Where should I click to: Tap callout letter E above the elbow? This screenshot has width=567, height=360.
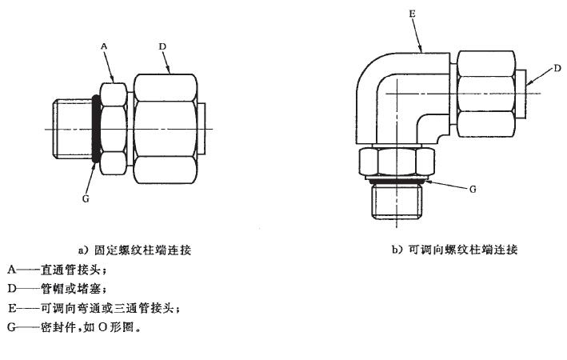click(x=412, y=14)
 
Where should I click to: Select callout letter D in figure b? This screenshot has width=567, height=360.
click(x=557, y=70)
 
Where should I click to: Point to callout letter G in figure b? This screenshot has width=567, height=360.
click(x=473, y=190)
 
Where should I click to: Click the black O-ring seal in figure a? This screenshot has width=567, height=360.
click(x=96, y=130)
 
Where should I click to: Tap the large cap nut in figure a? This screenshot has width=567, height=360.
click(x=165, y=128)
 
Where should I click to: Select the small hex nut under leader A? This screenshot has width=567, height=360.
click(x=113, y=128)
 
